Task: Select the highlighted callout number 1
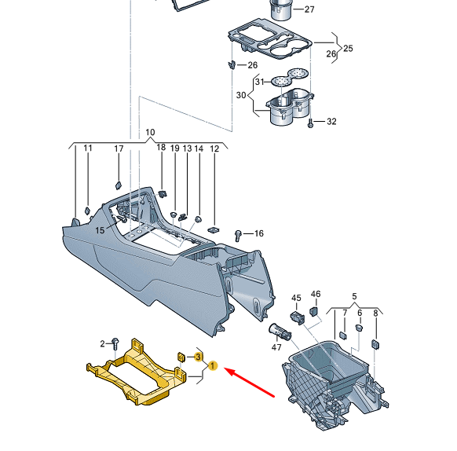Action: click(x=213, y=366)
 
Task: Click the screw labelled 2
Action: click(x=115, y=343)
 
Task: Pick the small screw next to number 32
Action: click(x=312, y=122)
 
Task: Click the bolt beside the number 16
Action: click(x=239, y=234)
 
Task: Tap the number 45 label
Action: click(x=296, y=298)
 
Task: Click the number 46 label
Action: click(x=316, y=294)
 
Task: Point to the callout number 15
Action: click(x=100, y=230)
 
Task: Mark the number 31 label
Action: click(x=257, y=82)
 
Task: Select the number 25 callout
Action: click(x=348, y=48)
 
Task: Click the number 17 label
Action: click(x=119, y=148)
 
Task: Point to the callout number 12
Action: click(x=214, y=148)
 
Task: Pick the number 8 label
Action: click(x=375, y=313)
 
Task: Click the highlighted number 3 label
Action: click(x=198, y=357)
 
